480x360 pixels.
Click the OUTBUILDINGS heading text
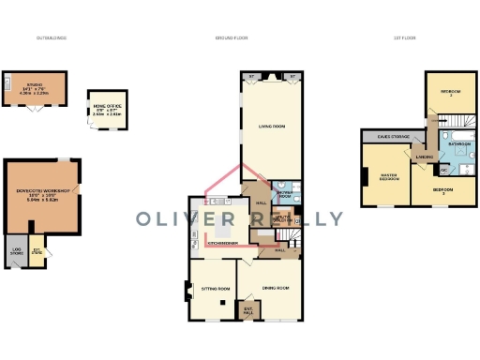point(52,38)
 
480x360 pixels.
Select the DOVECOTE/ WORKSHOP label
point(43,194)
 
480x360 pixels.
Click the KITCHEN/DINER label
point(222,244)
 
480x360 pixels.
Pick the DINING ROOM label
point(274,288)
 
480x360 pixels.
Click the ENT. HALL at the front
point(248,309)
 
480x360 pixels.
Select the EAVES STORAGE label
point(389,137)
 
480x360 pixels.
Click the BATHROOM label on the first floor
point(459,144)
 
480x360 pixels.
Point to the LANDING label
point(425,157)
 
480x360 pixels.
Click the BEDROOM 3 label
point(443,191)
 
